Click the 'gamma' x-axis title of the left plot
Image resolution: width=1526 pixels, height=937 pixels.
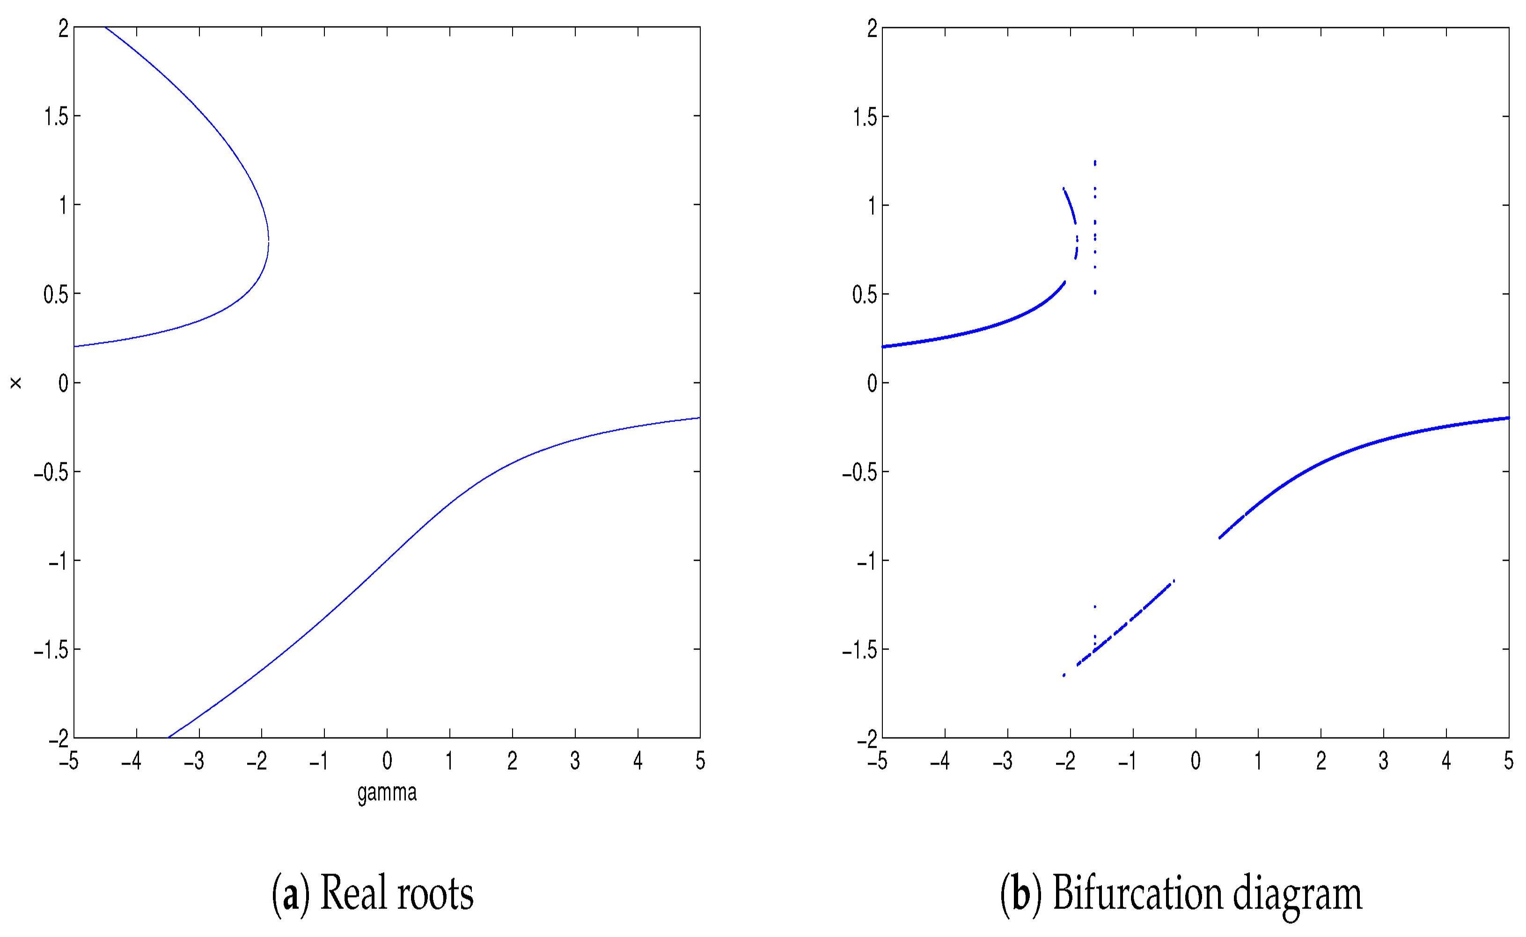tap(387, 793)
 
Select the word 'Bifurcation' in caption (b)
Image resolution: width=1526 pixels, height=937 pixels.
tap(1137, 893)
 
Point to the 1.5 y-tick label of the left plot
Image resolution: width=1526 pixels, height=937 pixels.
tap(55, 116)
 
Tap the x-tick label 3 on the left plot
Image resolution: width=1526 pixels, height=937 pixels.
tap(575, 761)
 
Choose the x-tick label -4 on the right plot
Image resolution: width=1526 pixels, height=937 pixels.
tap(940, 761)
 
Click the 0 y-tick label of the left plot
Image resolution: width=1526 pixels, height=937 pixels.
tap(63, 383)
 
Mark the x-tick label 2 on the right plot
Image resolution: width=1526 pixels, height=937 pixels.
tap(1321, 761)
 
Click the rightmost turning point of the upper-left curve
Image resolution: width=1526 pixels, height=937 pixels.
tap(268, 240)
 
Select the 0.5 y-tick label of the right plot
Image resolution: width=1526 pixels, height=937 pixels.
tap(865, 294)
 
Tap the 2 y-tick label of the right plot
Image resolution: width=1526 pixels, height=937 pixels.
tap(872, 29)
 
